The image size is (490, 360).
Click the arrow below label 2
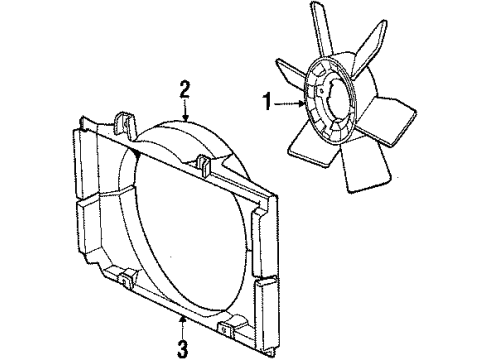(184, 112)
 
